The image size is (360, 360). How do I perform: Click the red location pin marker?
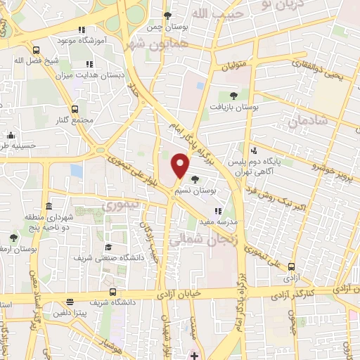pyautogui.click(x=180, y=166)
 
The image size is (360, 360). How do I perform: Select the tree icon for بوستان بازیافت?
pyautogui.click(x=234, y=96)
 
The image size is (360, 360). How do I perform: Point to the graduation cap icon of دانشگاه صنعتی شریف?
pyautogui.click(x=109, y=247)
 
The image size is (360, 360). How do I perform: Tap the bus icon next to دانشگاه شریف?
pyautogui.click(x=112, y=292)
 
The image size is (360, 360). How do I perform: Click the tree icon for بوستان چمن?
pyautogui.click(x=167, y=15)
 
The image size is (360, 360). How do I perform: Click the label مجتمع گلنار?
pyautogui.click(x=75, y=120)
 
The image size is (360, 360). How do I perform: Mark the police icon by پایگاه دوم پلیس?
pyautogui.click(x=255, y=150)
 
